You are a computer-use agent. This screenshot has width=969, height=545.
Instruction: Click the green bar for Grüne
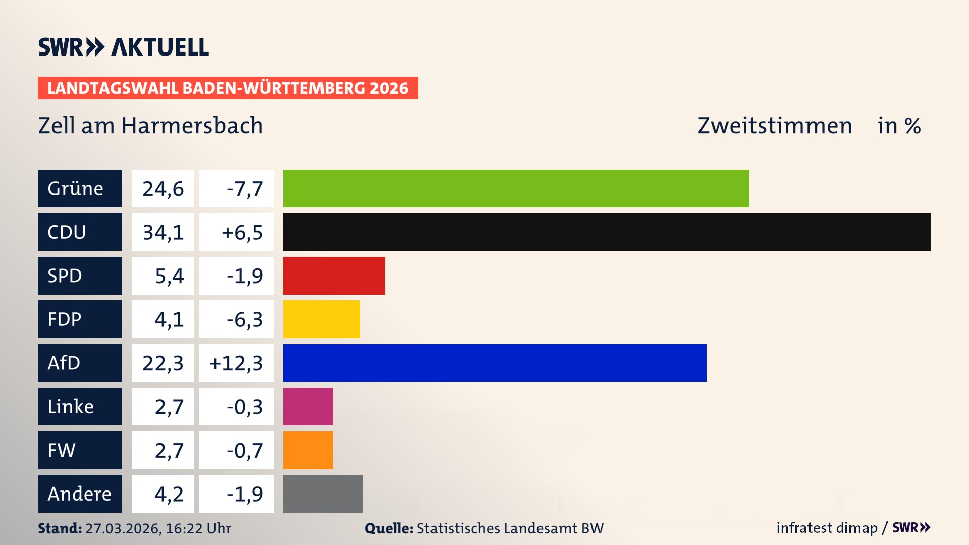(516, 188)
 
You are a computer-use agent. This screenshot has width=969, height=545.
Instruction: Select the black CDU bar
(607, 232)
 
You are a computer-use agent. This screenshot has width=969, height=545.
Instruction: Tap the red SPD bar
(334, 276)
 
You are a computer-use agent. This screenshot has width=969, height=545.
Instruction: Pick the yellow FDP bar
(321, 319)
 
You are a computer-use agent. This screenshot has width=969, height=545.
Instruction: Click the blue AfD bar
(495, 363)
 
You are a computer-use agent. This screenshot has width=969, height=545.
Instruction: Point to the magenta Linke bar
(308, 406)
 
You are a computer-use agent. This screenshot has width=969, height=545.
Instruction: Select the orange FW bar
(308, 450)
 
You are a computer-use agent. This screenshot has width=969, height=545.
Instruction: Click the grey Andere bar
(323, 494)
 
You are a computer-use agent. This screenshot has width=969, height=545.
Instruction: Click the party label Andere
(80, 494)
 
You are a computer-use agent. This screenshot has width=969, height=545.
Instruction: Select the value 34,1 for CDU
(163, 232)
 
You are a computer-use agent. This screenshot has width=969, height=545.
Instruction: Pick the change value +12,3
(236, 363)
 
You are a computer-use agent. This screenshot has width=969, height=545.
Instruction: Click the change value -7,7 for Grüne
(244, 189)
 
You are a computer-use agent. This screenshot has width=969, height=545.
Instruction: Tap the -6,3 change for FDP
(244, 319)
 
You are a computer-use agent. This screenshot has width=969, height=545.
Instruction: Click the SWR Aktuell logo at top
(123, 47)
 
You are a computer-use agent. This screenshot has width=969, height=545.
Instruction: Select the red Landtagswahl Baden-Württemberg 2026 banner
(228, 88)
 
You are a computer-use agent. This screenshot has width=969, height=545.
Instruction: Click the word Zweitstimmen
(774, 125)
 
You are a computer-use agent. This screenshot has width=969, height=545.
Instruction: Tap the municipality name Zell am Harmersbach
(150, 125)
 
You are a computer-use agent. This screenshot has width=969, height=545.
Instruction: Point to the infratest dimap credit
(827, 528)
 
